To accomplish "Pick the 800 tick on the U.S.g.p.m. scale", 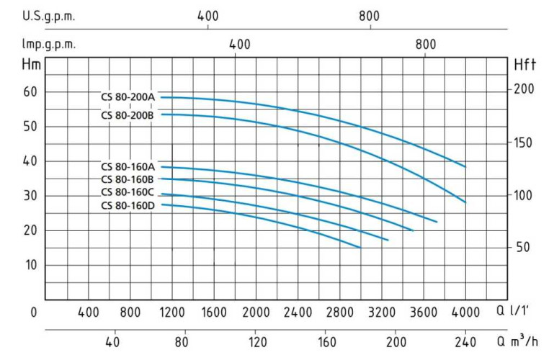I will point(370,14).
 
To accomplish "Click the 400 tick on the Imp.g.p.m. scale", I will point(239,44).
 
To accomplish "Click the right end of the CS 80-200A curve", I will point(465,167).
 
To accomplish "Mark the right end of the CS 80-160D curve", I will point(360,248).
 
